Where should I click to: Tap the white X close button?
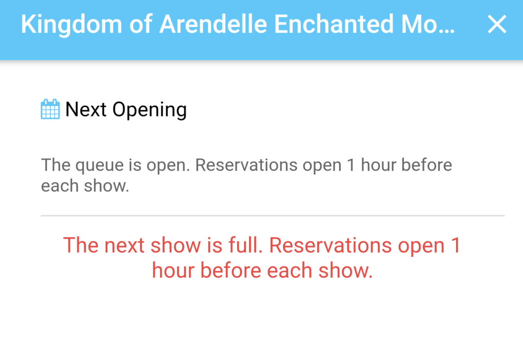497,24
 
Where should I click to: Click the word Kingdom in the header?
72,25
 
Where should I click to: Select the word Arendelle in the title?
213,24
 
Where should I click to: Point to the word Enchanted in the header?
334,24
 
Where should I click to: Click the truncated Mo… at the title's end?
427,24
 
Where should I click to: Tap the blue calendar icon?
51,109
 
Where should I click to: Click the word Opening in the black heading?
150,110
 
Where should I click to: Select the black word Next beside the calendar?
86,109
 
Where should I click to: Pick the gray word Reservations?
246,164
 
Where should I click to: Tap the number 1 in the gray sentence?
350,165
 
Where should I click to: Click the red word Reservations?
330,245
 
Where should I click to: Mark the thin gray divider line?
273,215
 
